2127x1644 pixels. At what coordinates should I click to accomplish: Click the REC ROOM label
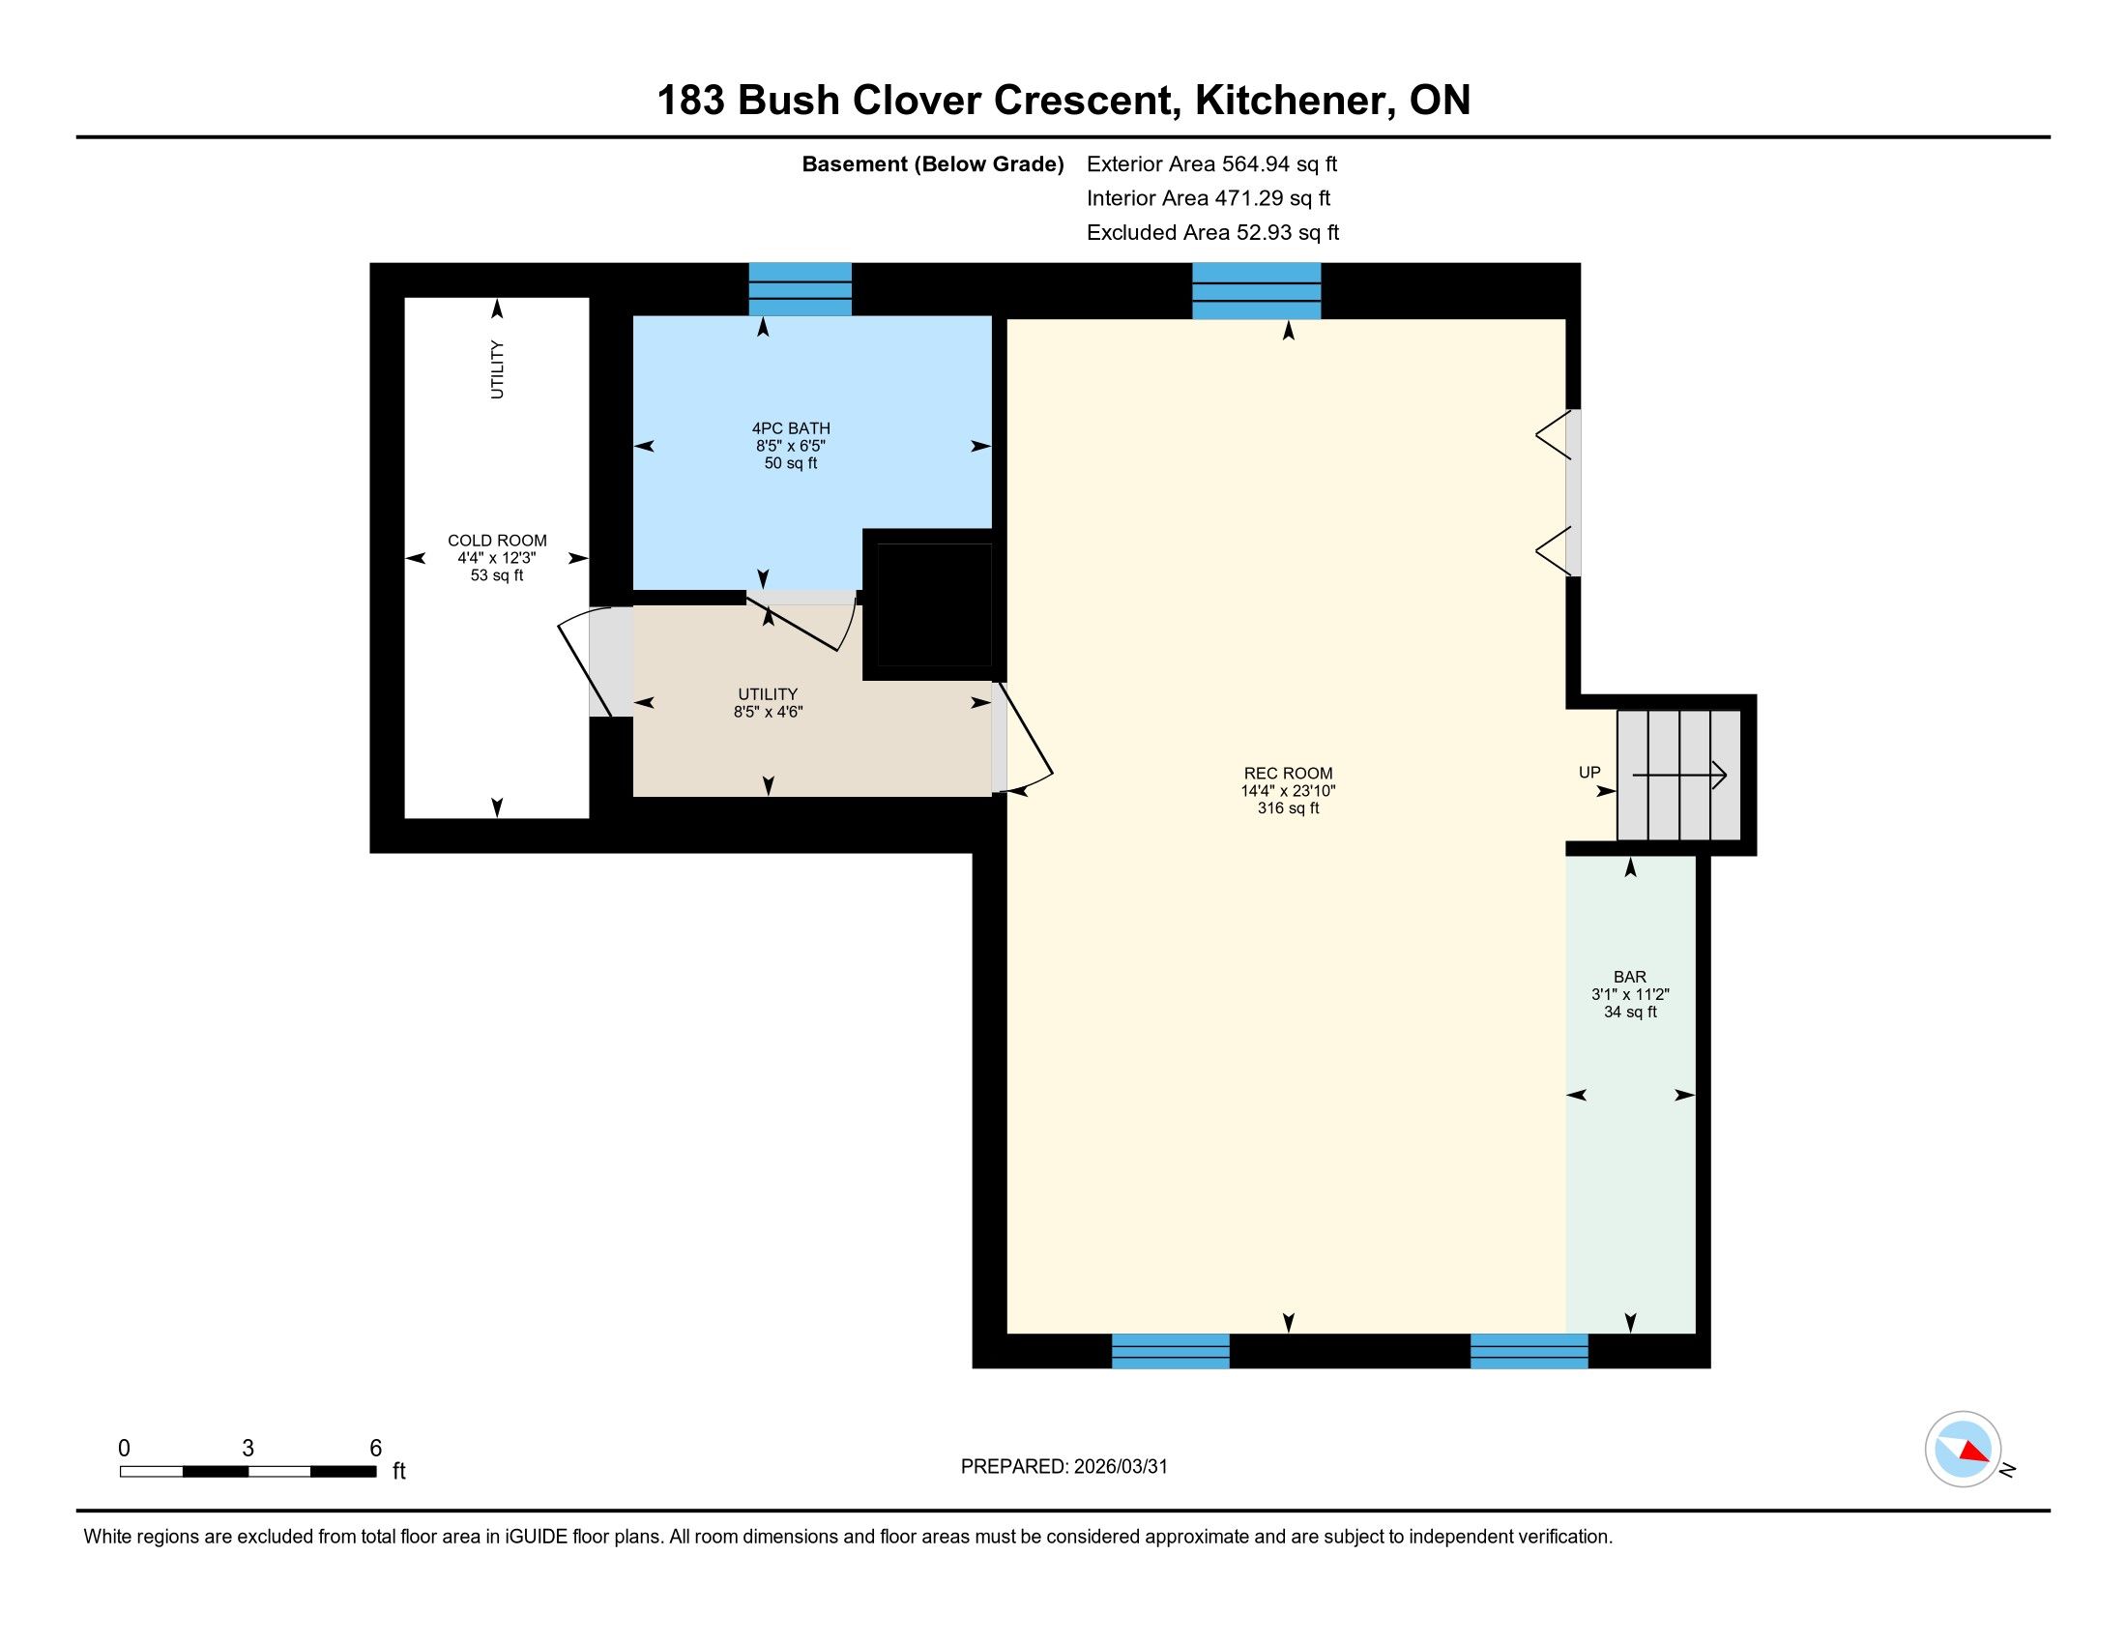tap(1288, 775)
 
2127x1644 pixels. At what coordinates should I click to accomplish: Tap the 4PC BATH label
tap(791, 428)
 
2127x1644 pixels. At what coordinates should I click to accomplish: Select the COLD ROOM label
tap(497, 541)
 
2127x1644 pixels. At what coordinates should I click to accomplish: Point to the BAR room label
tap(1629, 977)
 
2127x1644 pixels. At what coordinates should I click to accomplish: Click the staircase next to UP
tap(1678, 776)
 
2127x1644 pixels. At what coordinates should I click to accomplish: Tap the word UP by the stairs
tap(1589, 773)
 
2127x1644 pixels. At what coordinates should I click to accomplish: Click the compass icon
tap(1963, 1449)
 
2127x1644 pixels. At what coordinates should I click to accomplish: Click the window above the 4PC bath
tap(800, 289)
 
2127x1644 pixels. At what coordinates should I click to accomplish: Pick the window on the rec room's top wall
tap(1256, 291)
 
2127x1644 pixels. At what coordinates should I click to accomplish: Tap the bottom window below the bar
tap(1530, 1351)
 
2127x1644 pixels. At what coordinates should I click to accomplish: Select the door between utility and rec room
tap(1022, 735)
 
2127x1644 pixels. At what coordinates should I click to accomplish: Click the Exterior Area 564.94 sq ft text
tap(1211, 163)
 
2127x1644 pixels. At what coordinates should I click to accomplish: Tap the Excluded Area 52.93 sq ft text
tap(1212, 232)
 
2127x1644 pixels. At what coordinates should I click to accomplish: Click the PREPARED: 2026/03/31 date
tap(1063, 1466)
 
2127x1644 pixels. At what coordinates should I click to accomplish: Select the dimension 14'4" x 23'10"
tap(1288, 792)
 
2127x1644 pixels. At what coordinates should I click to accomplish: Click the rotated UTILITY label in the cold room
tap(497, 369)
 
